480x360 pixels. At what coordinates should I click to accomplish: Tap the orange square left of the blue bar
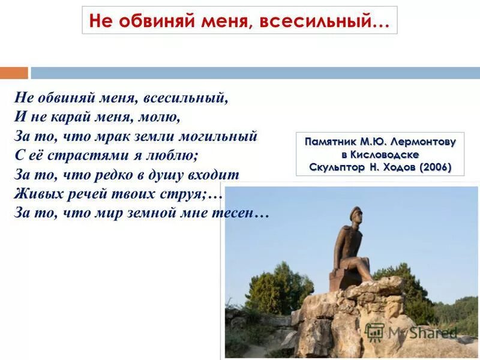tap(14, 73)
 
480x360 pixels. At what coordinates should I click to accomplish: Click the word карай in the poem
tap(71, 116)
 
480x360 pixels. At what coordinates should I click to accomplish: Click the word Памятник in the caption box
tap(330, 142)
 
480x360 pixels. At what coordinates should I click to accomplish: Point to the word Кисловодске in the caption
tap(388, 155)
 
